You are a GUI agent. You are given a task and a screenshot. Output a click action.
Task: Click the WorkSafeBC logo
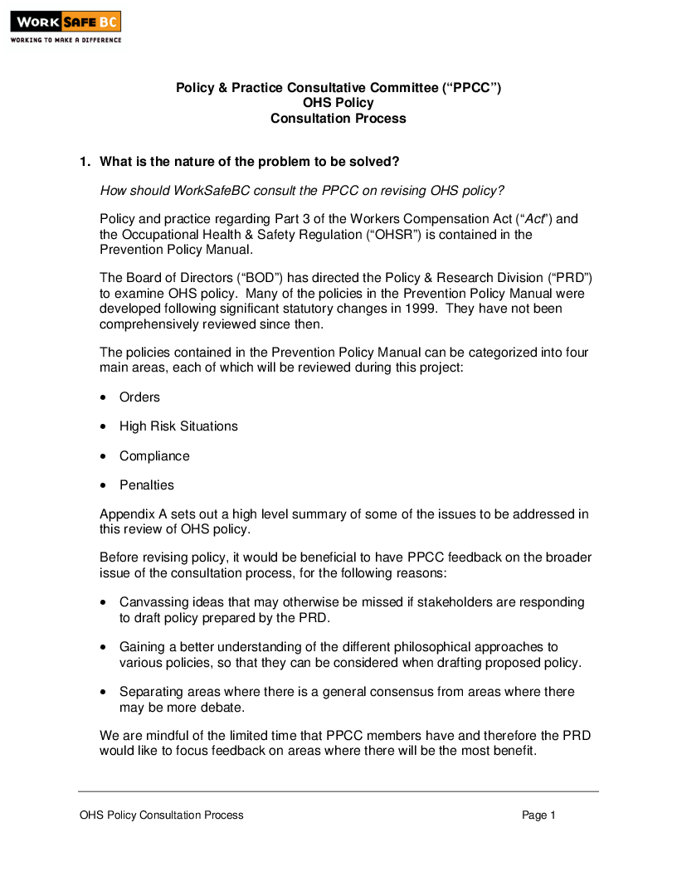pyautogui.click(x=66, y=22)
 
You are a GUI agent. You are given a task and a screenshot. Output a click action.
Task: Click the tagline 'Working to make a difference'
pyautogui.click(x=66, y=40)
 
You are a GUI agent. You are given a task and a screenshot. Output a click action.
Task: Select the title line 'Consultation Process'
pyautogui.click(x=338, y=118)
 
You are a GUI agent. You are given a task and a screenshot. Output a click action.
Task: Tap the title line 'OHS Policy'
pyautogui.click(x=338, y=103)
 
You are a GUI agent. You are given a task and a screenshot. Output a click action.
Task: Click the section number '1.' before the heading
pyautogui.click(x=85, y=162)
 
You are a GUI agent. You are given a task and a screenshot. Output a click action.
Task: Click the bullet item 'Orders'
pyautogui.click(x=139, y=397)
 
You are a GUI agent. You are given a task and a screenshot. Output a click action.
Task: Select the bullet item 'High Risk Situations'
pyautogui.click(x=178, y=426)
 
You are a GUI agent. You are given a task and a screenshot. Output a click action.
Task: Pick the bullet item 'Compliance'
pyautogui.click(x=154, y=456)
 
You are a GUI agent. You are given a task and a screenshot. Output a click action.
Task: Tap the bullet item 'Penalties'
pyautogui.click(x=147, y=485)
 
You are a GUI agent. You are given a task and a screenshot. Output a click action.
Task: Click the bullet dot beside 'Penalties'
pyautogui.click(x=103, y=486)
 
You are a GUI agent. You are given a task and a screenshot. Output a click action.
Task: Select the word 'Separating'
pyautogui.click(x=151, y=692)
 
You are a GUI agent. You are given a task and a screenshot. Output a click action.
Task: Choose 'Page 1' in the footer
pyautogui.click(x=538, y=815)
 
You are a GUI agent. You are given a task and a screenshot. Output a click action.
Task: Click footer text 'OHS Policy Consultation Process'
pyautogui.click(x=162, y=815)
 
